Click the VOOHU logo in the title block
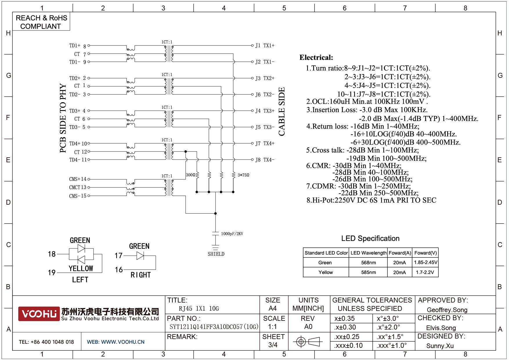tap(39, 314)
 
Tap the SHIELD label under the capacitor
tap(216, 254)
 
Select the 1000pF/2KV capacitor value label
tap(232, 234)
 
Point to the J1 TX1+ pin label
tap(265, 46)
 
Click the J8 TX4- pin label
tap(265, 160)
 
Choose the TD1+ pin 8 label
tap(77, 46)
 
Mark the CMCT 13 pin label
tap(77, 187)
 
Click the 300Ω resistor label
tap(190, 175)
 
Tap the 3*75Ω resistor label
tap(243, 175)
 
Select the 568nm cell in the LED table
tap(369, 263)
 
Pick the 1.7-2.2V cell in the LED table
tap(425, 272)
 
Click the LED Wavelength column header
tap(368, 253)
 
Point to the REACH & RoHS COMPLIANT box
tap(41, 22)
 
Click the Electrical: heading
tap(316, 57)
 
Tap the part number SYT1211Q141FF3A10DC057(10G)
tap(214, 327)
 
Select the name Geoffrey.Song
tap(447, 310)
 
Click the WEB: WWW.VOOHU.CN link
tap(115, 342)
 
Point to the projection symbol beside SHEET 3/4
tap(308, 341)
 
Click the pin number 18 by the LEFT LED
tap(52, 254)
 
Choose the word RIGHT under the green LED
tap(140, 275)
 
